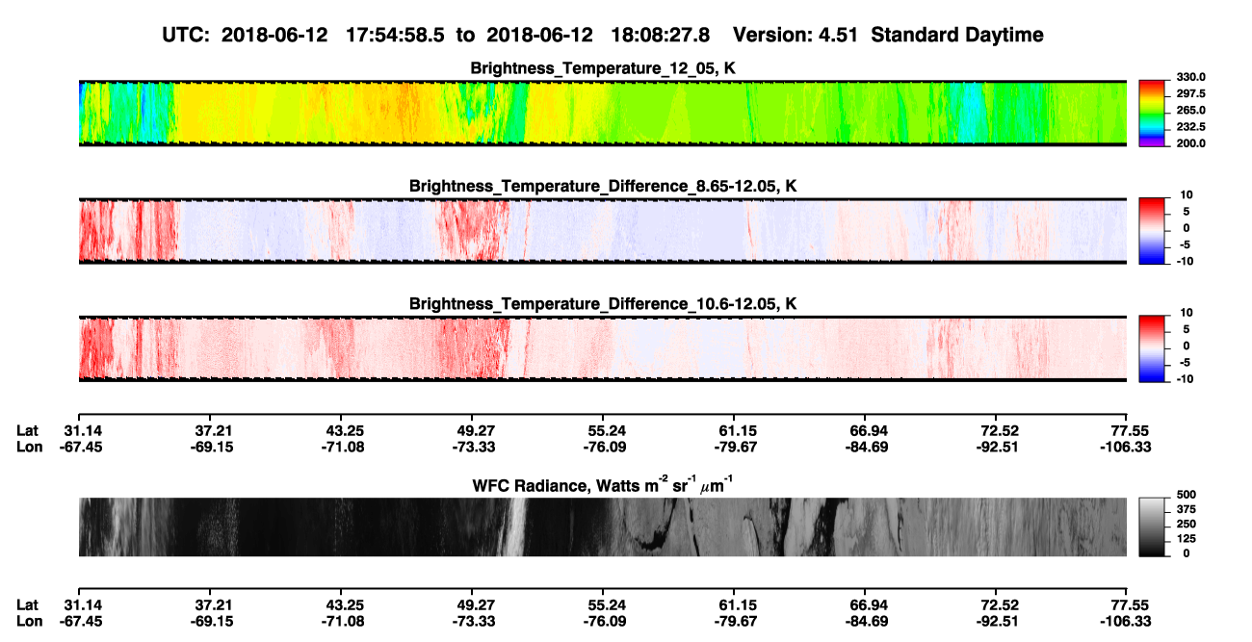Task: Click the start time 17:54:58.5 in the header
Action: [395, 36]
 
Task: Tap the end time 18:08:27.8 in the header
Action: [660, 36]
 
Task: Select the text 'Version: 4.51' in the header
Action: [795, 36]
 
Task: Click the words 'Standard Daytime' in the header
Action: [957, 36]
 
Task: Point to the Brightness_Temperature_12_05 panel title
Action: [603, 68]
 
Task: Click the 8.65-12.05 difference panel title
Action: [603, 186]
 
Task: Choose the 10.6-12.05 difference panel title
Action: [603, 304]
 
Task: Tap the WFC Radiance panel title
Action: [603, 485]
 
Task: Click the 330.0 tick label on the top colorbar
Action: [1190, 77]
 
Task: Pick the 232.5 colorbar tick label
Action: [1190, 127]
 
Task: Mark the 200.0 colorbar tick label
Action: [1190, 143]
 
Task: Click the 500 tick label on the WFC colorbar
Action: [1186, 495]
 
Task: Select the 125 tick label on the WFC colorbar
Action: [1186, 539]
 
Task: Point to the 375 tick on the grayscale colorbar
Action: [1186, 509]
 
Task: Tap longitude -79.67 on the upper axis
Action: [736, 447]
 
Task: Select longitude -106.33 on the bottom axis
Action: [1125, 621]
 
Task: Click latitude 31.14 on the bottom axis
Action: [83, 604]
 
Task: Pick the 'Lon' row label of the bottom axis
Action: [29, 621]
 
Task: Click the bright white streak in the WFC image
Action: [516, 526]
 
